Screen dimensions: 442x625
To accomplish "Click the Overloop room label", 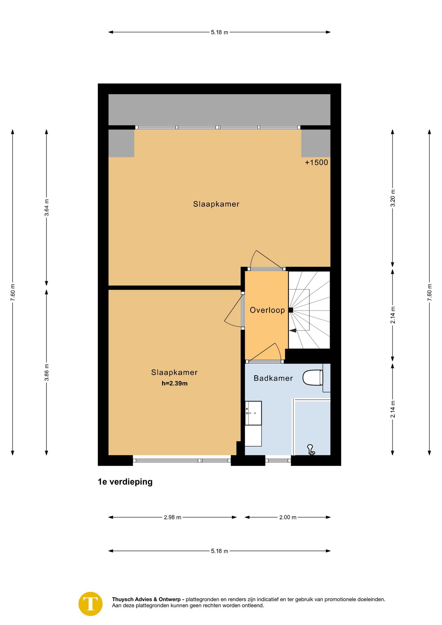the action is (x=267, y=310).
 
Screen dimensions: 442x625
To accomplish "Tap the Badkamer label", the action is (x=273, y=378).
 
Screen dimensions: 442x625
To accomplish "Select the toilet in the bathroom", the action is (x=313, y=378).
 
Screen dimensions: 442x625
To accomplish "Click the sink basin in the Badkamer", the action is (x=253, y=413).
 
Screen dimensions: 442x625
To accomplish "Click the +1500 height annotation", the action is (x=316, y=162).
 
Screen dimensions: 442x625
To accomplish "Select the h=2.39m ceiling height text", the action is (x=174, y=383).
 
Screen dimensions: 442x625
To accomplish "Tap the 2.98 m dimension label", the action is (x=173, y=517).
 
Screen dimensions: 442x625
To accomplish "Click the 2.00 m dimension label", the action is (x=288, y=517).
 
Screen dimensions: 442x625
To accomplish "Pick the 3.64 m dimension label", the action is (x=47, y=208).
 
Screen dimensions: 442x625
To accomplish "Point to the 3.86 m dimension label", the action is (x=47, y=372).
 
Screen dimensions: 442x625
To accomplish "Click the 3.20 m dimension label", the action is (x=393, y=198).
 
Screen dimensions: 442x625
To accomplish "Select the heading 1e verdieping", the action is (x=125, y=482).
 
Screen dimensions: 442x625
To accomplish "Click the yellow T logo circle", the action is (x=90, y=604).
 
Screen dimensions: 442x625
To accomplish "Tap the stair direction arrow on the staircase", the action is (x=292, y=330).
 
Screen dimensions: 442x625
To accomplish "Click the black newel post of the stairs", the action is (x=291, y=310).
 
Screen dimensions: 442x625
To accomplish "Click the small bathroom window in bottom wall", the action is (x=278, y=460).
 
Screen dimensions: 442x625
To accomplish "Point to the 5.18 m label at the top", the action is (x=219, y=32).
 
